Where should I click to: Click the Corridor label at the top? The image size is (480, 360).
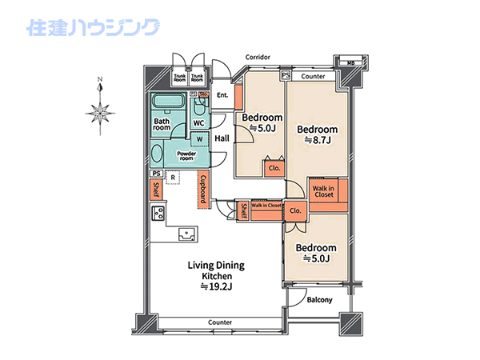click(258, 58)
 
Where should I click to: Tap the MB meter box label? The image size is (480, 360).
click(351, 63)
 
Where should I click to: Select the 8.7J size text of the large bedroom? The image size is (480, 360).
click(318, 140)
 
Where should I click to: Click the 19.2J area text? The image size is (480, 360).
click(217, 287)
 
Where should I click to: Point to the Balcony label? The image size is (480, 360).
click(319, 300)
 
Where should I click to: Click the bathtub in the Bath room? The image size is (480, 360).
click(169, 101)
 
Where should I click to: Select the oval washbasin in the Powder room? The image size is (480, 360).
click(157, 154)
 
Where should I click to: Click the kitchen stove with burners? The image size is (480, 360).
click(158, 213)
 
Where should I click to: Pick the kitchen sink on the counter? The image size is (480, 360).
click(186, 234)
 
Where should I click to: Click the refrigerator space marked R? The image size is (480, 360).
click(173, 178)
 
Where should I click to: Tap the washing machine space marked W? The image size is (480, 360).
click(199, 139)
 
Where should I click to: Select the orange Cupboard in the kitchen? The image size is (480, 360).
click(203, 189)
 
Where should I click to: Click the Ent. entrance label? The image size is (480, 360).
click(222, 95)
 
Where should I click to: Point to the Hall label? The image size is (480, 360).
click(222, 138)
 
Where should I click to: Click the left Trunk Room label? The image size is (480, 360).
click(180, 78)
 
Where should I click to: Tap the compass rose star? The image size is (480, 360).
click(101, 114)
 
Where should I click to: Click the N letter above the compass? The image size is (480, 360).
click(100, 79)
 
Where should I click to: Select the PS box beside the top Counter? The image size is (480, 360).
click(286, 75)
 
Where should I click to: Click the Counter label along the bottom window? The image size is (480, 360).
click(220, 322)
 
